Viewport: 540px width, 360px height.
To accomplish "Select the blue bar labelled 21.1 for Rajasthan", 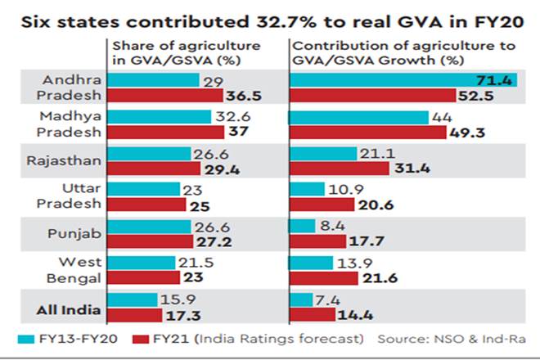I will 322,153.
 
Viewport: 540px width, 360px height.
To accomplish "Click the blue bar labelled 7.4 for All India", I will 302,299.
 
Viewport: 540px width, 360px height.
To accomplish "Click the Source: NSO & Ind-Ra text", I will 458,338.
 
